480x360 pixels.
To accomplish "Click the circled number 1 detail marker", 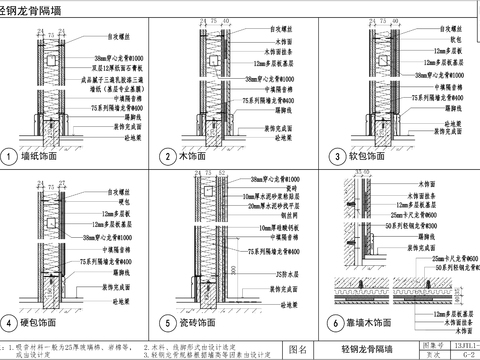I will pyautogui.click(x=9, y=157).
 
